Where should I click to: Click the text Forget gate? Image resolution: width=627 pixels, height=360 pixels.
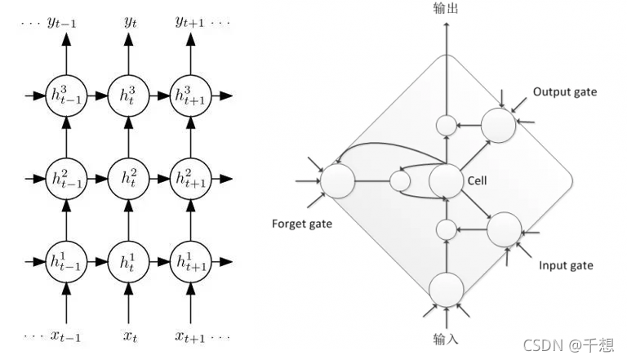coord(301,223)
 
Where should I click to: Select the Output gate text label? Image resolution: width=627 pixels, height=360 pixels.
coord(564,91)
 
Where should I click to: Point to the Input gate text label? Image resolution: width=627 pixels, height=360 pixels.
coord(566,265)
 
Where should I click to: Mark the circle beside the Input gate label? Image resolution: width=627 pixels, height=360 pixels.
coord(504,229)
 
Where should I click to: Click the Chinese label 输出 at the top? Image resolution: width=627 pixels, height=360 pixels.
coord(446,7)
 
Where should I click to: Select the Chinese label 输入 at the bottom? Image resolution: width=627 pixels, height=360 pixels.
coord(446,337)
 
